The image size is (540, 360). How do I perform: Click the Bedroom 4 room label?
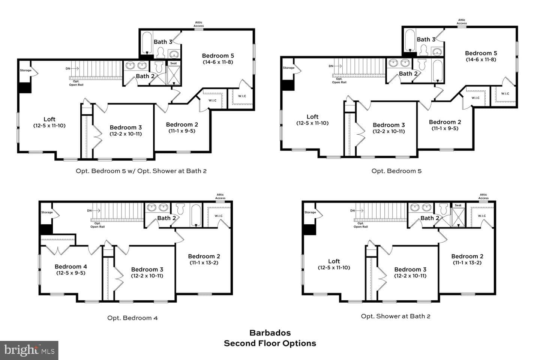coord(70,267)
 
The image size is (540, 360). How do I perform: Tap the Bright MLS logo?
coord(29,350)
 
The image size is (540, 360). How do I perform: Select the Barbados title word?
coord(270,333)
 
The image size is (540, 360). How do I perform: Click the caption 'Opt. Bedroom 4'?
coord(132,318)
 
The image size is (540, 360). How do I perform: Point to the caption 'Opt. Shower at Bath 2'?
coord(395,316)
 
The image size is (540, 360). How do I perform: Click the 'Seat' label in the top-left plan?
coord(174,63)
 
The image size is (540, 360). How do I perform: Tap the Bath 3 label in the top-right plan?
coord(426,39)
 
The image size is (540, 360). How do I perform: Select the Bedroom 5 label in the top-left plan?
coord(218,56)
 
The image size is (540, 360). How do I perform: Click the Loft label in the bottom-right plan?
coord(334,261)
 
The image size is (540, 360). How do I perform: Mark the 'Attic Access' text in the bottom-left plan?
coord(220,196)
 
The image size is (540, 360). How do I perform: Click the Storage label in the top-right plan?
coord(289,68)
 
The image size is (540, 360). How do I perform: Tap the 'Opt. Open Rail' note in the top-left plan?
coord(76,83)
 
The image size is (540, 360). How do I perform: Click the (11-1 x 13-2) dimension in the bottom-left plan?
coord(204,262)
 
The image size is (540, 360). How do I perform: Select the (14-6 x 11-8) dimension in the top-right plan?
coord(481,60)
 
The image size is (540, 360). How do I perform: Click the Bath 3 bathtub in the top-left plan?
coord(147,43)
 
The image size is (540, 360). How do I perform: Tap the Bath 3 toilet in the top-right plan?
coord(424,50)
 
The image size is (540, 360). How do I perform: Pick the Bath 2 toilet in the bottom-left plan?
coord(180,209)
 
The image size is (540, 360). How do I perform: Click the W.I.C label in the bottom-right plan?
coord(481,216)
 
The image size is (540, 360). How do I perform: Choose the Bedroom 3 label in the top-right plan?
coord(388,125)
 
